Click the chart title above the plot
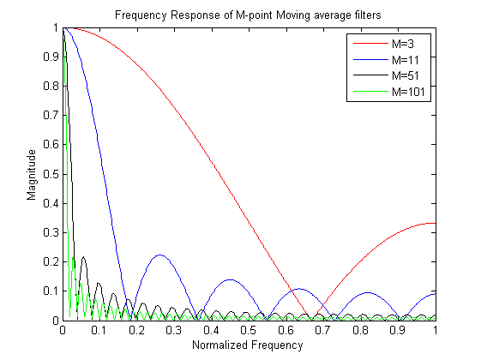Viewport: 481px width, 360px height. click(248, 15)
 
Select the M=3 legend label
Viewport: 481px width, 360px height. click(403, 44)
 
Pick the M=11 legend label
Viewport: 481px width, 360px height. click(406, 60)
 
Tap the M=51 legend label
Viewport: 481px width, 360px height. click(406, 75)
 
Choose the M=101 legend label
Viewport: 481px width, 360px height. click(408, 92)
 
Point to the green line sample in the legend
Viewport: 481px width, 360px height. click(370, 91)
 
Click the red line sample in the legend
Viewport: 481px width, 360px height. click(370, 44)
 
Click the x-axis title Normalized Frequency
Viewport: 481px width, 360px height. click(248, 345)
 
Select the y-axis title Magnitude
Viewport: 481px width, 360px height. click(31, 175)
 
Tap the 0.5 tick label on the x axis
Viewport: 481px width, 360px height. click(248, 330)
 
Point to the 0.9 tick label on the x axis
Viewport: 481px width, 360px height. click(397, 330)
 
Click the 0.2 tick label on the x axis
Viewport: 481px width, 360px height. click(136, 330)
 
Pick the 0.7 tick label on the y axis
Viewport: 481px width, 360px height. click(51, 116)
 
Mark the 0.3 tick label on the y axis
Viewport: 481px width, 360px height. click(51, 232)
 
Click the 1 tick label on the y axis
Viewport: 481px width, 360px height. click(56, 28)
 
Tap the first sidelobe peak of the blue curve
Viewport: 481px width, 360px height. click(160, 255)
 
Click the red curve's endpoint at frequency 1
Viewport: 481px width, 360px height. click(436, 223)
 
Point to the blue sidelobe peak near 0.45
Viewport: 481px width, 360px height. click(230, 279)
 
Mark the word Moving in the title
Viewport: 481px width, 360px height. click(293, 15)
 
